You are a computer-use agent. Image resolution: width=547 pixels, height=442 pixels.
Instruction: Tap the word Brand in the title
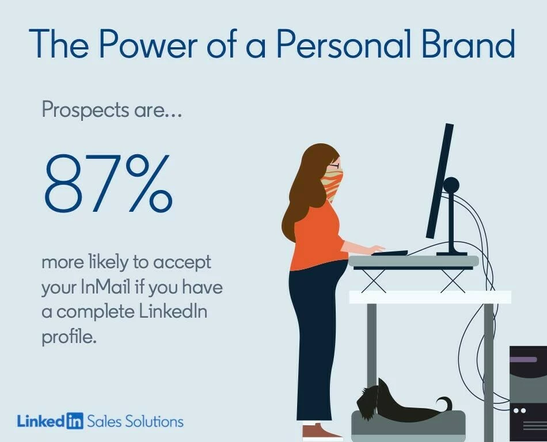point(468,44)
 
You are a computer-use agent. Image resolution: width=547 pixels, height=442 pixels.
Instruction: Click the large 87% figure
point(108,184)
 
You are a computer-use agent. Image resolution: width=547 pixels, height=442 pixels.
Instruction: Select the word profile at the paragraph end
point(69,337)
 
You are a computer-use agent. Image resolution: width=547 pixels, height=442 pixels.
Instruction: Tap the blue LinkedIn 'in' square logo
point(75,421)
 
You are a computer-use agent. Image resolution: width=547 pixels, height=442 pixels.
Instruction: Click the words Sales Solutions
point(135,421)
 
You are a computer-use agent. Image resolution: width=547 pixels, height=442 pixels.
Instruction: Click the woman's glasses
point(335,166)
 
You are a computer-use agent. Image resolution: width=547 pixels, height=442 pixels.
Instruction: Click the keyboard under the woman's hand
point(389,253)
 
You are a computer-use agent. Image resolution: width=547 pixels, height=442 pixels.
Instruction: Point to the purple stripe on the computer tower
point(523,359)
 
